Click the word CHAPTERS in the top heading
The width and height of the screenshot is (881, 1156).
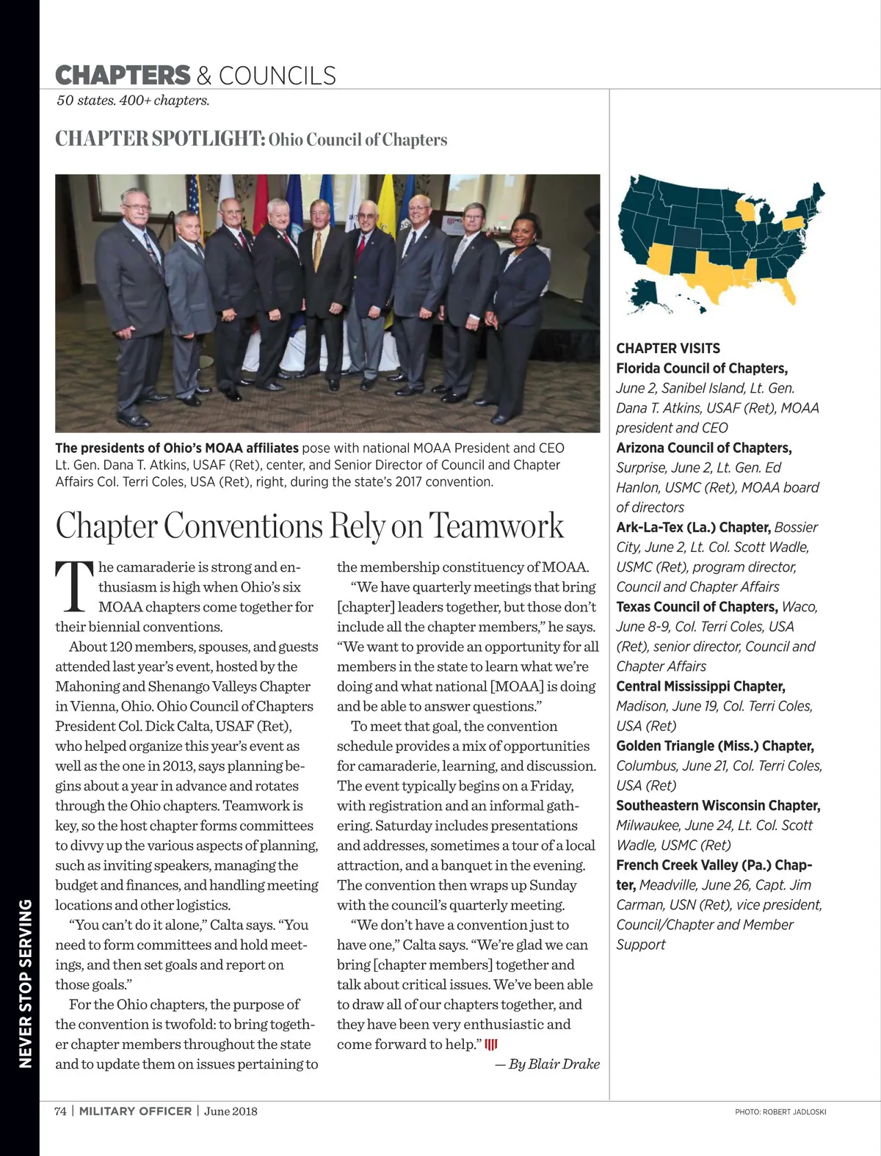tap(123, 76)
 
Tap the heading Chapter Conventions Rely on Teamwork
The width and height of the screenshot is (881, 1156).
tap(309, 526)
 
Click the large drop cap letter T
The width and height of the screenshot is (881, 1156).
tap(74, 586)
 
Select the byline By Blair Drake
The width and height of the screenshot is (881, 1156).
tap(547, 1064)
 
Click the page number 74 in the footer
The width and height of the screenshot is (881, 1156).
tap(60, 1111)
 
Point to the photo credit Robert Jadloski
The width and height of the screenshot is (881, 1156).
tap(780, 1112)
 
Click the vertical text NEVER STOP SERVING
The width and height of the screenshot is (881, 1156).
tap(26, 984)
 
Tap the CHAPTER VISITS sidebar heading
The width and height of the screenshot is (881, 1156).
tap(668, 349)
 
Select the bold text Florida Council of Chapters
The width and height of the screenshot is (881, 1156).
tap(701, 368)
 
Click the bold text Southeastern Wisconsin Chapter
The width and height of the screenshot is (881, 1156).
tap(717, 805)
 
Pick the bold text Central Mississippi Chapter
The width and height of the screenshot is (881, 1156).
tap(700, 686)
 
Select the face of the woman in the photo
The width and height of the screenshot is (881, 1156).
tap(526, 230)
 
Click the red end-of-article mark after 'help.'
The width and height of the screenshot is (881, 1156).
tap(491, 1044)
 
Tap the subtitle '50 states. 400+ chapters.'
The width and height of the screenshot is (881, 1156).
tap(133, 101)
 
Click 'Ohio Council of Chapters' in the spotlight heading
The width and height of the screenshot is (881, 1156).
tap(358, 139)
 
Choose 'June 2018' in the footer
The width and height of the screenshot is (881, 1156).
tap(231, 1111)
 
